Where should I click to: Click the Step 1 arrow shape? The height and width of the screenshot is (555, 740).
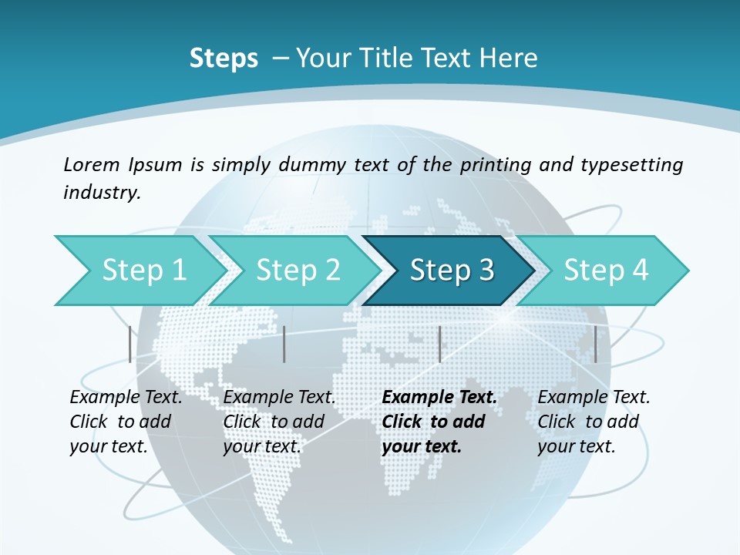[139, 271]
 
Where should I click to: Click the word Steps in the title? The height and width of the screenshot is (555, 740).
[224, 59]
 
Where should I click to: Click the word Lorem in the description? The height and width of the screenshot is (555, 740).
[92, 164]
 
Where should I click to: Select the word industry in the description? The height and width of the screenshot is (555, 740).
[102, 193]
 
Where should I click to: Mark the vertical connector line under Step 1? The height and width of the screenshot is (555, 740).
[130, 344]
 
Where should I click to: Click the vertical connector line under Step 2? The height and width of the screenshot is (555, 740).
[284, 344]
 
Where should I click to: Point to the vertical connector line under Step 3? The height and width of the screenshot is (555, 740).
[439, 344]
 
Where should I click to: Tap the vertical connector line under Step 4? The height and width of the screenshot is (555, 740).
[596, 344]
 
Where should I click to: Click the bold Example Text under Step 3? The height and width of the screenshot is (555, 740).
[439, 398]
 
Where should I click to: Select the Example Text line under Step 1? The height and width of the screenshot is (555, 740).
[126, 398]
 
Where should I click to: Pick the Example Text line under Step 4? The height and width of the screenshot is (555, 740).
[594, 398]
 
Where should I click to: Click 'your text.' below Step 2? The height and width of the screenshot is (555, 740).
[261, 446]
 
